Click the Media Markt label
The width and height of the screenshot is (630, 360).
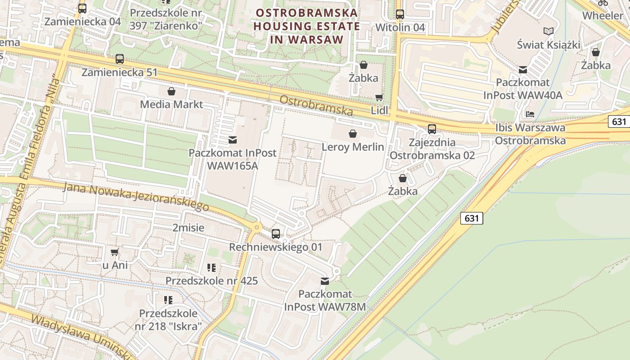click(171, 104)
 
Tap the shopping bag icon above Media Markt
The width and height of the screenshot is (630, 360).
click(171, 92)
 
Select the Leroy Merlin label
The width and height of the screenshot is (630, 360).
click(353, 147)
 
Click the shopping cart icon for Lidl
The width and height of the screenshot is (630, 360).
click(379, 98)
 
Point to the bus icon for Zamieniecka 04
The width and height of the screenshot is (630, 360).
click(82, 8)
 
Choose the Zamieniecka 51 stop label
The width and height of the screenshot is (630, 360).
click(120, 72)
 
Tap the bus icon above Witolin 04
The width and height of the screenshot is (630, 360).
click(400, 14)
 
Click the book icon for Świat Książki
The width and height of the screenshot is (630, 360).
click(548, 31)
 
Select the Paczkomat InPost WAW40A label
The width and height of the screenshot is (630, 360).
click(523, 89)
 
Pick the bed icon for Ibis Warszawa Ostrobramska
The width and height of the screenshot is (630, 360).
click(530, 114)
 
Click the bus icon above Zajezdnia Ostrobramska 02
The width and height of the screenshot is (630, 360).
click(432, 129)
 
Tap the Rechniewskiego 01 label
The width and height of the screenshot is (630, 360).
click(276, 247)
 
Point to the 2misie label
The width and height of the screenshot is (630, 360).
click(188, 228)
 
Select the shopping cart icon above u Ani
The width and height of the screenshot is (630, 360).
click(115, 252)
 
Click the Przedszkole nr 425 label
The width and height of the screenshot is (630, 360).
click(211, 281)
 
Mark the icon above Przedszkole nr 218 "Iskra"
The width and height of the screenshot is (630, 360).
click(168, 300)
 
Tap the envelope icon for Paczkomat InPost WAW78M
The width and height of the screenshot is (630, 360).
click(324, 281)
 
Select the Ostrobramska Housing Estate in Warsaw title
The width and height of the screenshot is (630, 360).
click(306, 26)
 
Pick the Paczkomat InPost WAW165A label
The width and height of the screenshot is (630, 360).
click(232, 158)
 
